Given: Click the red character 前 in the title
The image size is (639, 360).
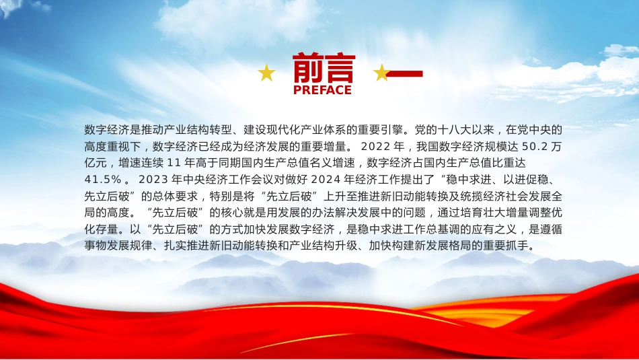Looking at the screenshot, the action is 308,68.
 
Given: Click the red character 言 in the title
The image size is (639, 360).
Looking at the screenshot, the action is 340,68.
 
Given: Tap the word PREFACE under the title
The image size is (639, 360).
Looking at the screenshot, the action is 322,90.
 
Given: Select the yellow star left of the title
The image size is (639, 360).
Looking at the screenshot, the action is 266,73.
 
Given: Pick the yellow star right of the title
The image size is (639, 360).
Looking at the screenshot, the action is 382,73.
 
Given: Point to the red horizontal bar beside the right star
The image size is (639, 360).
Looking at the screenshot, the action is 404,74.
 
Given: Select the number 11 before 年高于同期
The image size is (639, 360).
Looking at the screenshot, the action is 174,163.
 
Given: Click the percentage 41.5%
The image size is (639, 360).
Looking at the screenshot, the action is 103,180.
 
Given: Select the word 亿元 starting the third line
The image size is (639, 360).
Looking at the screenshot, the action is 96,163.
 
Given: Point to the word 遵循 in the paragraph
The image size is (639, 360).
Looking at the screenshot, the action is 551,229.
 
